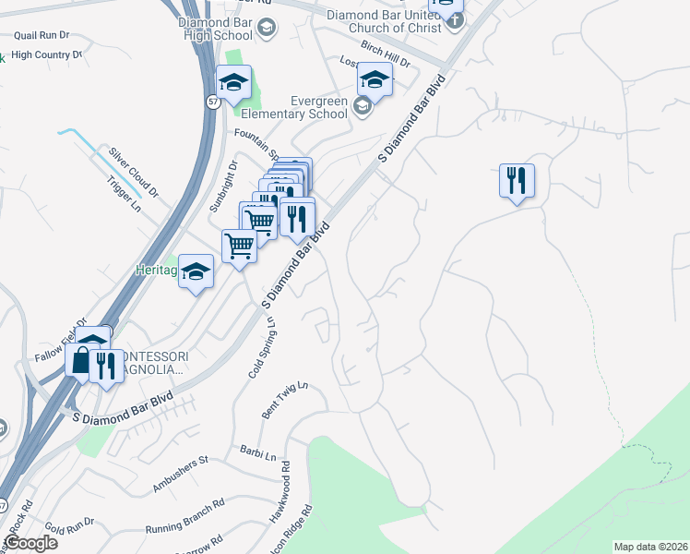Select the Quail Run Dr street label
point(41,35)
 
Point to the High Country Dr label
point(46,55)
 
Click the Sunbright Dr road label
point(223,188)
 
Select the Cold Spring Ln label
point(261,350)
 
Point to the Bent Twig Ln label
point(284,400)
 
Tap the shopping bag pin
point(82,361)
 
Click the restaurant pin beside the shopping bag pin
point(106,365)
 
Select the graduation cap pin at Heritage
point(196,271)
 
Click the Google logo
point(30,542)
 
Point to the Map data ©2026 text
point(649,547)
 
